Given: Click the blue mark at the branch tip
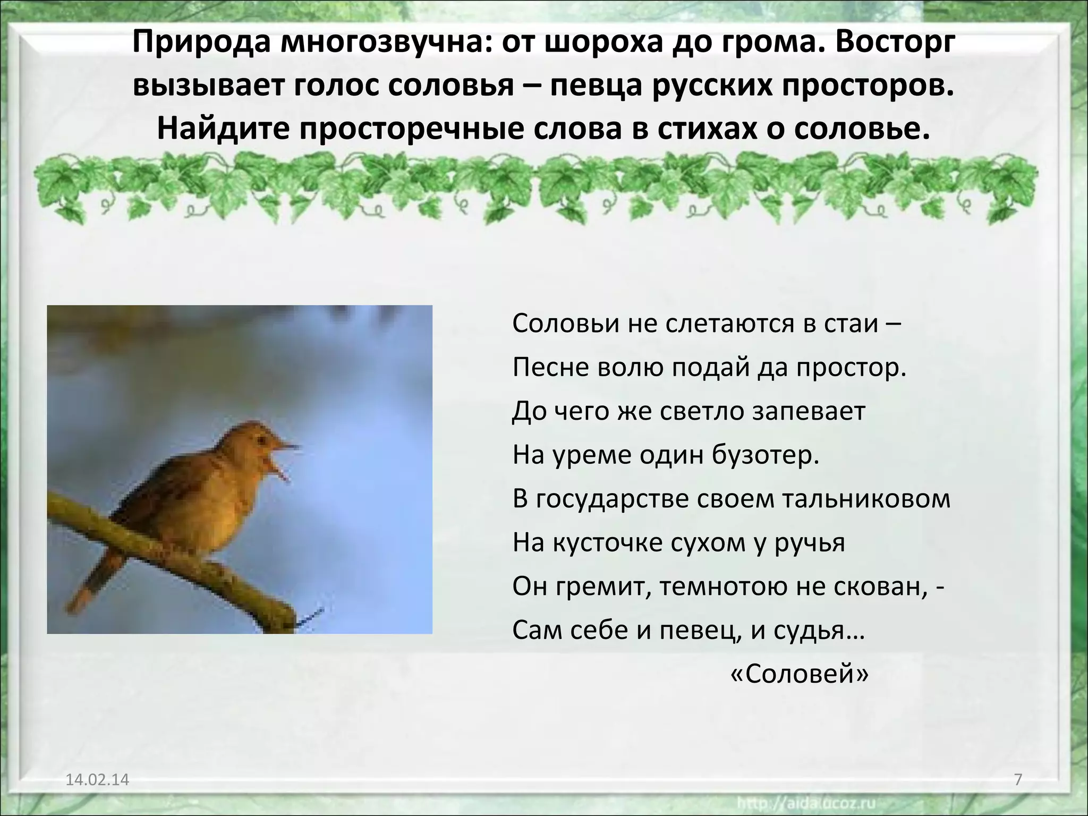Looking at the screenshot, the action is tap(311, 617).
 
